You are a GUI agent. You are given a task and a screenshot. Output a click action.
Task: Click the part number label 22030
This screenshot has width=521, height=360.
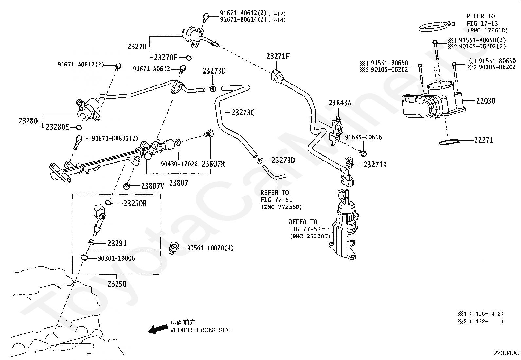coord(486,101)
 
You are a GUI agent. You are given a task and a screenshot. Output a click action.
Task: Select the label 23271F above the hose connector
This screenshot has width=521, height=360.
coord(278,56)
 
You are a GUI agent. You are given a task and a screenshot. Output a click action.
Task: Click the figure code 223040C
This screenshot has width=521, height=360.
coord(507,353)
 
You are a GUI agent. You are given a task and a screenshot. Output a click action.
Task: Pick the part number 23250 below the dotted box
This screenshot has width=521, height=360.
coord(117,284)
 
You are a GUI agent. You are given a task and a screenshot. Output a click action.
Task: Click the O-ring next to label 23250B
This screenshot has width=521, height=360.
coord(108,202)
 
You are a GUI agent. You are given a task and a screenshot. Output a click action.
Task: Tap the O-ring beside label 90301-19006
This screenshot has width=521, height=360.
coord(84,257)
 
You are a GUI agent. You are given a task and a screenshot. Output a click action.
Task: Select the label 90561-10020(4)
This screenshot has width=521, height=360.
coord(210,248)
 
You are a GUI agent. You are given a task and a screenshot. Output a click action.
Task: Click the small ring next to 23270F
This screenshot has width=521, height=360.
coord(189,58)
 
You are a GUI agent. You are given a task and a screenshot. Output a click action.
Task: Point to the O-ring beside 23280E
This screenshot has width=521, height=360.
coord(79,128)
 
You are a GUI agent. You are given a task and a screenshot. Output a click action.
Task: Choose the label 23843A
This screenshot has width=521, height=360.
coord(340,103)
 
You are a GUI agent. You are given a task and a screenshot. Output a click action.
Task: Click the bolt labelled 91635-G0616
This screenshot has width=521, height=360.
coord(362,153)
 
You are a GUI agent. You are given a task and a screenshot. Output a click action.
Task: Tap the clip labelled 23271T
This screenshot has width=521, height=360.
coord(350,162)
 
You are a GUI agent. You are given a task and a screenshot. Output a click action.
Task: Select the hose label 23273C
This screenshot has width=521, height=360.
coord(243,113)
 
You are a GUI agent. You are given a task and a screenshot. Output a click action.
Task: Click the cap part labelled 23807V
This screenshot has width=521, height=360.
coord(127,186)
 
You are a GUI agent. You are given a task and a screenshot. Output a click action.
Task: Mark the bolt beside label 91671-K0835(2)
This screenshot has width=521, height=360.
coord(78,142)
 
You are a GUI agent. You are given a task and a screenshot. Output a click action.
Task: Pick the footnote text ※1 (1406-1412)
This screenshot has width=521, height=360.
coord(480,314)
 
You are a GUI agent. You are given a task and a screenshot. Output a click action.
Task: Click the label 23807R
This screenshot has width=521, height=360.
coord(213,164)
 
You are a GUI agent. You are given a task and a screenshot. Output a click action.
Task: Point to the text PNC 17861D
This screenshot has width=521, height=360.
coord(488,30)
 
